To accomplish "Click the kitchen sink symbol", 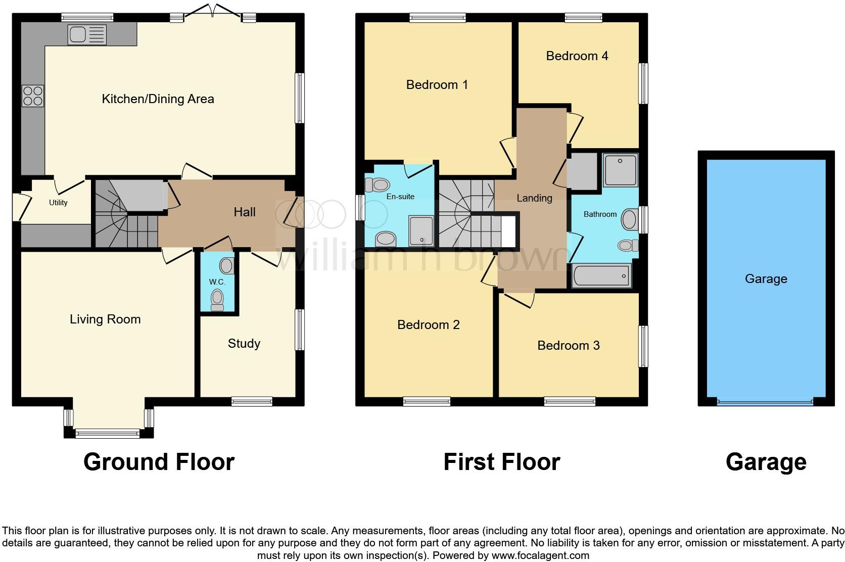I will pos(87,34).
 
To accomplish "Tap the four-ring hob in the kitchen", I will pos(33,96).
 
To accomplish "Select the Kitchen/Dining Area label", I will pos(158,99).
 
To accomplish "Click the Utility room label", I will pos(58,203).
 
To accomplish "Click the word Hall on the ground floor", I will pos(245,212).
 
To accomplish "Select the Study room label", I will pos(244,344).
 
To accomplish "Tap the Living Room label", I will pos(105,319).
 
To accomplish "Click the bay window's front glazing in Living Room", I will pos(107,433).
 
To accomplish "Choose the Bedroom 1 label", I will pos(437,84).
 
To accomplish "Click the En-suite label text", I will pos(400,197).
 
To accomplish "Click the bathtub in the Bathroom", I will pos(601,276).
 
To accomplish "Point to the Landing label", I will pos(534,198).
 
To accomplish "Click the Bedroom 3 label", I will pos(569,346).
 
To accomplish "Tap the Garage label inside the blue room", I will pos(766,279).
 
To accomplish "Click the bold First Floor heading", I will pos(501,462).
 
